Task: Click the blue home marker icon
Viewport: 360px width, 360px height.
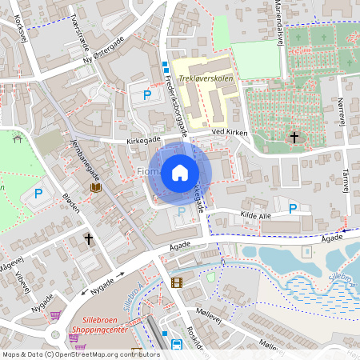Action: point(180,173)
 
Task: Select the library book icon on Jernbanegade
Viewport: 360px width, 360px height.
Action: point(96,187)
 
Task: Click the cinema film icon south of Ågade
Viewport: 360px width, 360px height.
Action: point(177,282)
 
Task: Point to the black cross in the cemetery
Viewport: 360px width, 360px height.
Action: point(294,138)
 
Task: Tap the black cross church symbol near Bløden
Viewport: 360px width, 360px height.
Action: point(89,238)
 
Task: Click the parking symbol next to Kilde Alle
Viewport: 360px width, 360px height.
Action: point(293,209)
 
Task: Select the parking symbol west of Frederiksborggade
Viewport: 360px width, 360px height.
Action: point(146,95)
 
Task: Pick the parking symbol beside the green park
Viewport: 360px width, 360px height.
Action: point(37,193)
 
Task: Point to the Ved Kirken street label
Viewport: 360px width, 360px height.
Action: point(230,131)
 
